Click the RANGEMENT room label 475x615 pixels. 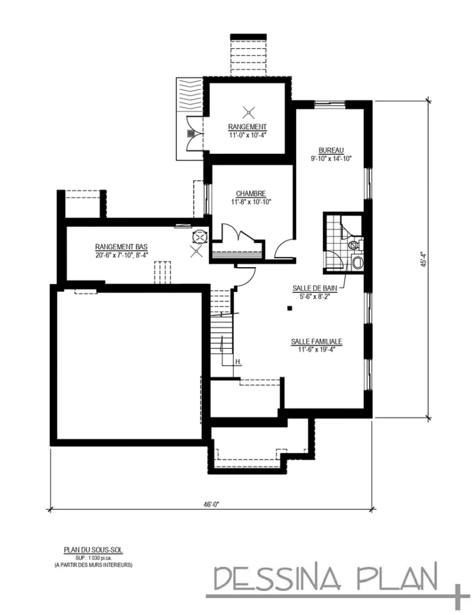pos(247,127)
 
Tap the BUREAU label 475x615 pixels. pos(330,150)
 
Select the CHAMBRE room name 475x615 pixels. pos(250,193)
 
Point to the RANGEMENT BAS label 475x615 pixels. pos(121,247)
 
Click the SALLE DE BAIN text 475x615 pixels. pos(315,288)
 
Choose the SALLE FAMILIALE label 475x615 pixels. pos(316,341)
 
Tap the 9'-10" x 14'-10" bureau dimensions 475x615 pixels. pos(330,159)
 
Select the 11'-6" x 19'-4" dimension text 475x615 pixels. pos(316,350)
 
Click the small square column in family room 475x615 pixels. pos(289,308)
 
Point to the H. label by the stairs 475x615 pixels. pos(238,362)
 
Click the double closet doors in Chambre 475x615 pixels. pos(234,233)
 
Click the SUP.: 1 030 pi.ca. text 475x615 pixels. pos(93,557)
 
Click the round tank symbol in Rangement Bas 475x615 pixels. pos(198,237)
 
